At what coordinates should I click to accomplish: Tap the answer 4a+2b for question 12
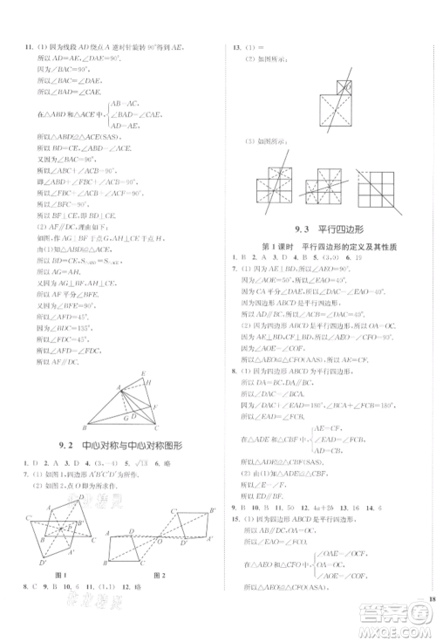tap(331, 506)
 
